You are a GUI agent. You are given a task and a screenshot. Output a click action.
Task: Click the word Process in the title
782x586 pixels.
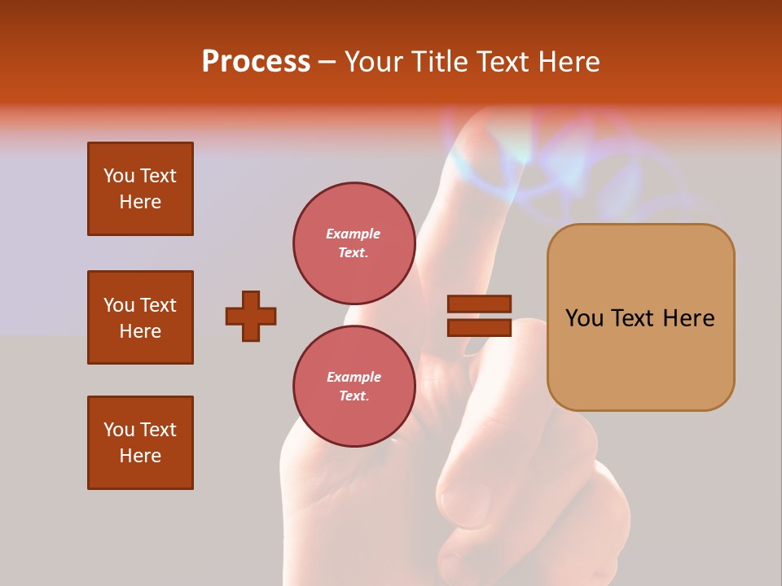(x=256, y=61)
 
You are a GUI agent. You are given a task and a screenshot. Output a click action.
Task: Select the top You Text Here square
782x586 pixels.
(x=140, y=189)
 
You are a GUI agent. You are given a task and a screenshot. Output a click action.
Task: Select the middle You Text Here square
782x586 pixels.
(x=140, y=317)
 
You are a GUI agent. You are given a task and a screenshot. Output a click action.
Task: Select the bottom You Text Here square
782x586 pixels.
(x=140, y=443)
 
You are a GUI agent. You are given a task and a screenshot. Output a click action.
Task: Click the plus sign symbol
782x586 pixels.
(x=251, y=316)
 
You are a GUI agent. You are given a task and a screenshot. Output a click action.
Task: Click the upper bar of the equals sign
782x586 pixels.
(x=479, y=304)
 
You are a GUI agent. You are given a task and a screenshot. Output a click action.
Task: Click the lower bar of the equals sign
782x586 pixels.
(x=479, y=328)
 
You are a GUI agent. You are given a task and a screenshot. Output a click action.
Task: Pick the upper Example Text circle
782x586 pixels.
(x=354, y=243)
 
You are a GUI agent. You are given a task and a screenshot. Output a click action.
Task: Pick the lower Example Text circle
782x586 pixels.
(x=354, y=386)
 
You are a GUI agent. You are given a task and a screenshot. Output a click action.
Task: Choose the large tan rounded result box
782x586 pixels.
(x=640, y=358)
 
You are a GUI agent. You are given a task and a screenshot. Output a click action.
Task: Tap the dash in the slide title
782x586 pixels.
(x=327, y=62)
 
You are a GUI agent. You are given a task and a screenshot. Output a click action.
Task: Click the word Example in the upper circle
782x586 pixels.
(x=354, y=234)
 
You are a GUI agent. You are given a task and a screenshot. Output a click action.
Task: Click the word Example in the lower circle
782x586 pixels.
(x=354, y=377)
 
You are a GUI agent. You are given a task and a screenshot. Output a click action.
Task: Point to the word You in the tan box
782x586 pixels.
(x=583, y=318)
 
